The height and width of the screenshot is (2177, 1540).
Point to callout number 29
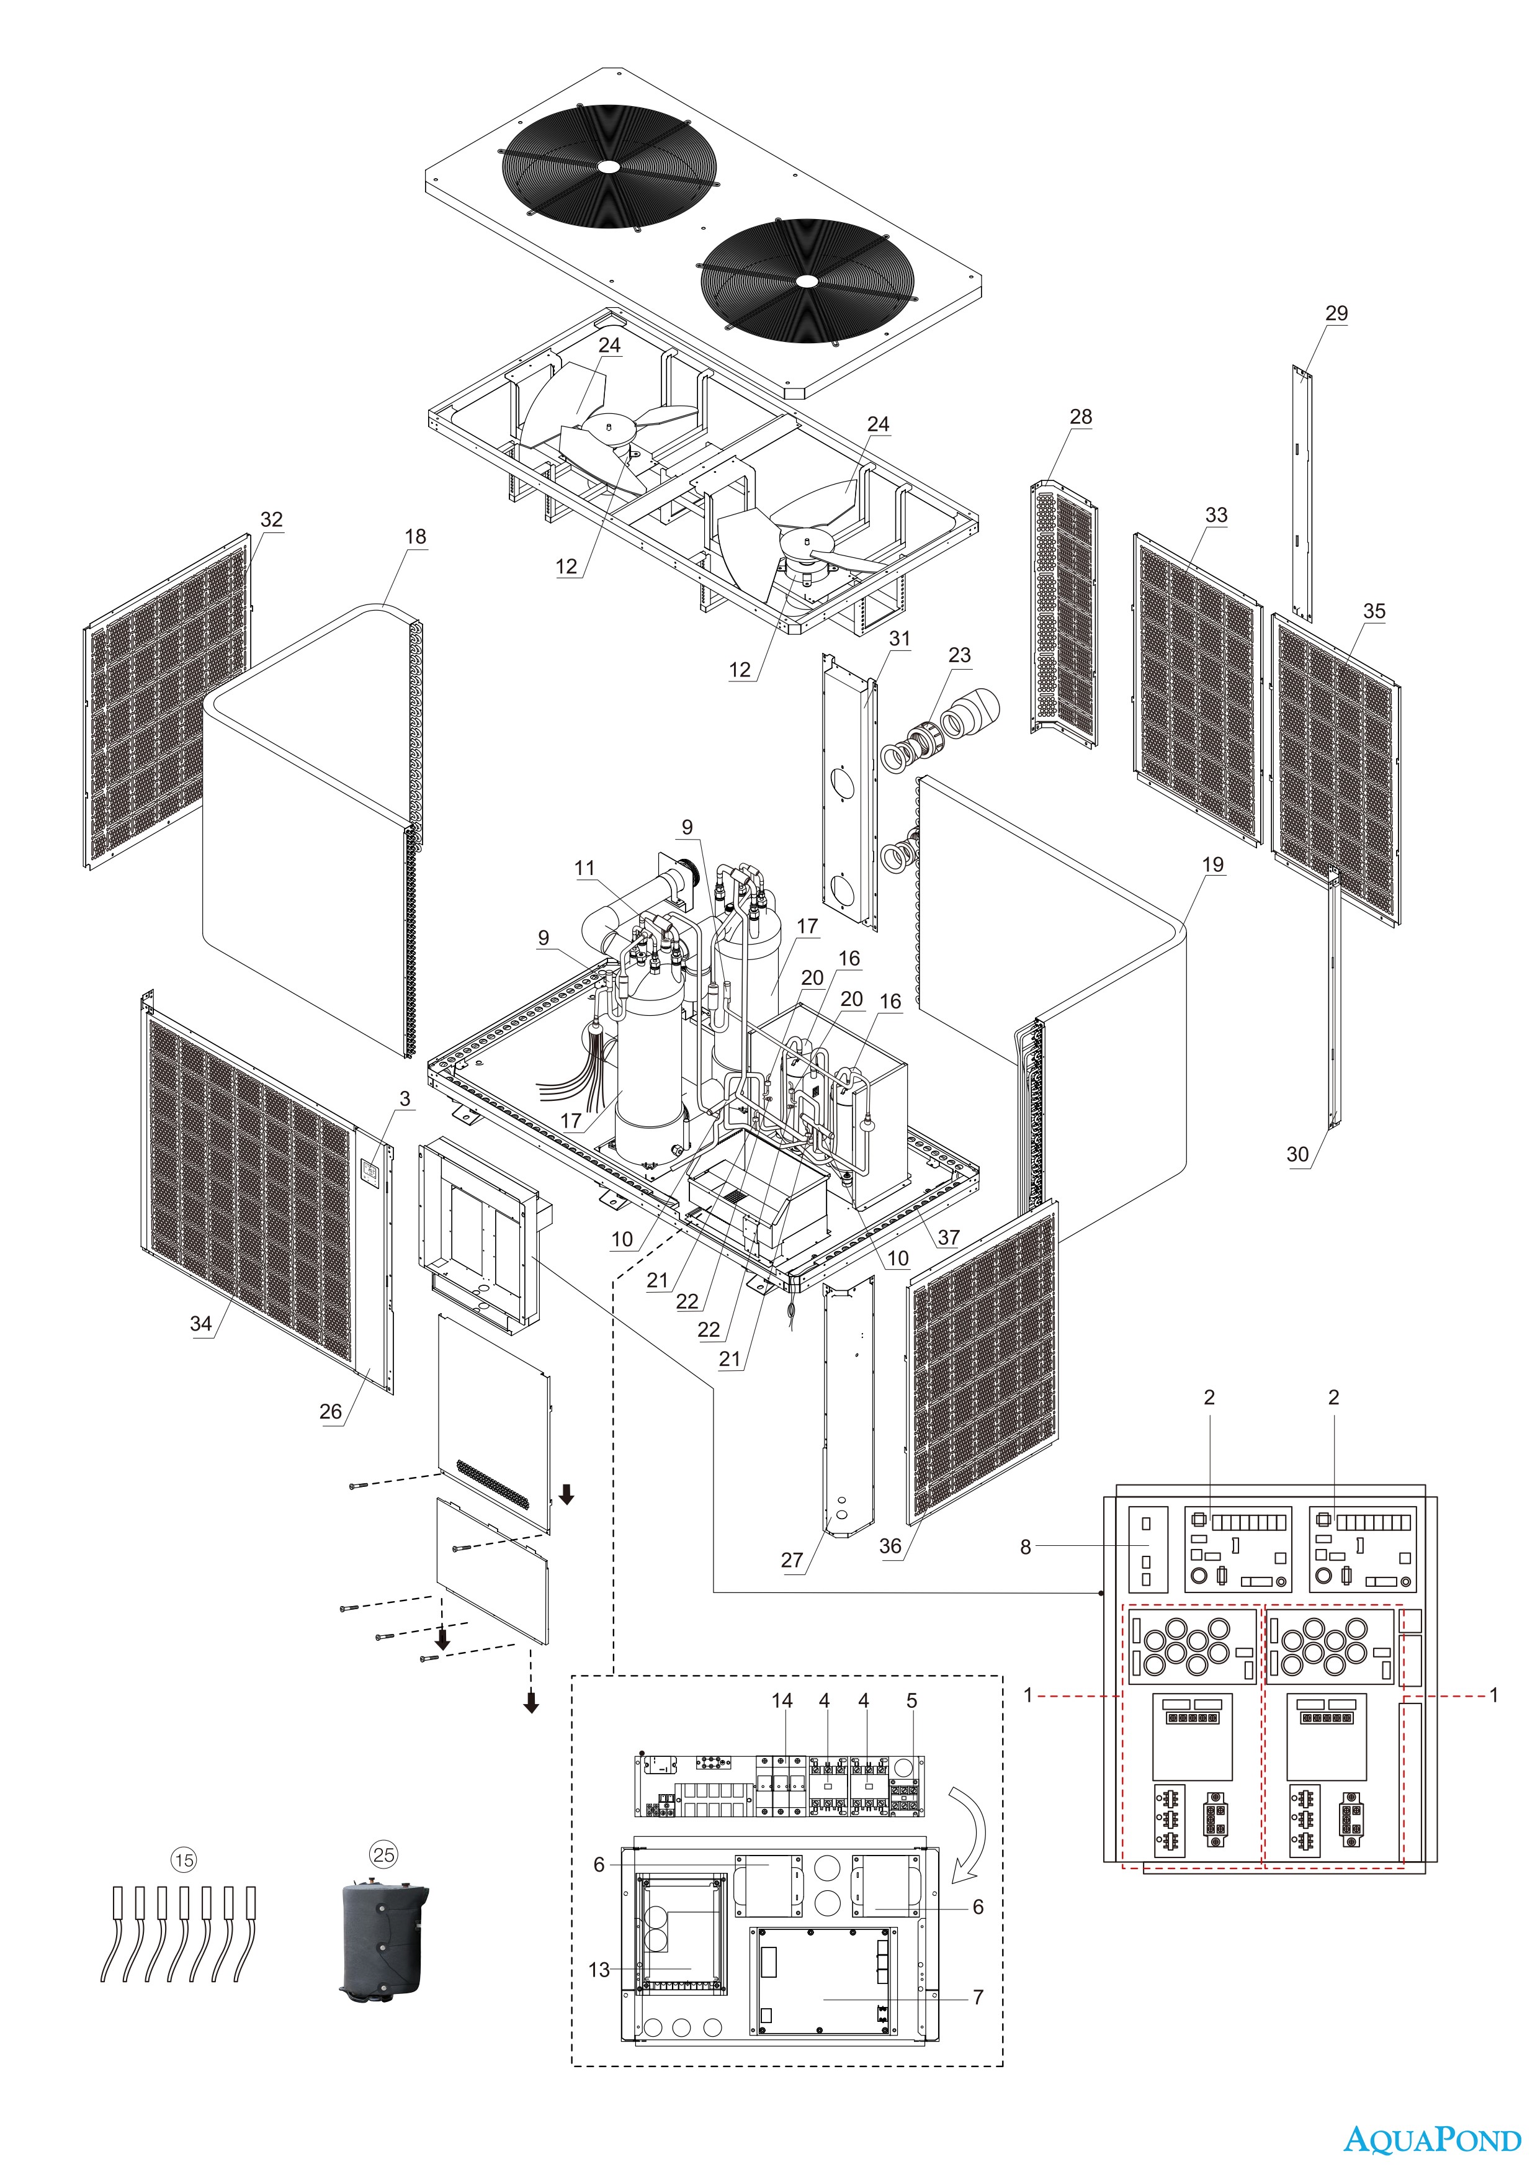(1336, 313)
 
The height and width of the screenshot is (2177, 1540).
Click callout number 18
(415, 537)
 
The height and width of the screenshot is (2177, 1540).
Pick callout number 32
(271, 519)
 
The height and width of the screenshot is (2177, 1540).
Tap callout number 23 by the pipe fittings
(960, 655)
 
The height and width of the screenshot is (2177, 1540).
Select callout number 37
(948, 1237)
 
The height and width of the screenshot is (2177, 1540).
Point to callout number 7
(978, 1997)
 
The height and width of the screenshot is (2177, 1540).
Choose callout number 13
(599, 1969)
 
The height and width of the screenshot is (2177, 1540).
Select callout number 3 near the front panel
(405, 1099)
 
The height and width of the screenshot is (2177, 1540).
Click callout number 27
(792, 1560)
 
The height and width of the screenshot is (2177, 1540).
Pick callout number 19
(1213, 864)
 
